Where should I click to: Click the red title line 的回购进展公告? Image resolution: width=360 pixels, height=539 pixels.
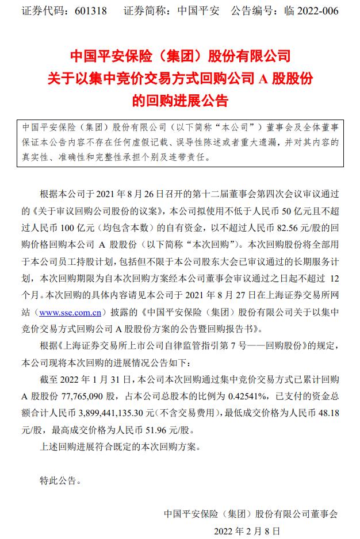180,102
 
